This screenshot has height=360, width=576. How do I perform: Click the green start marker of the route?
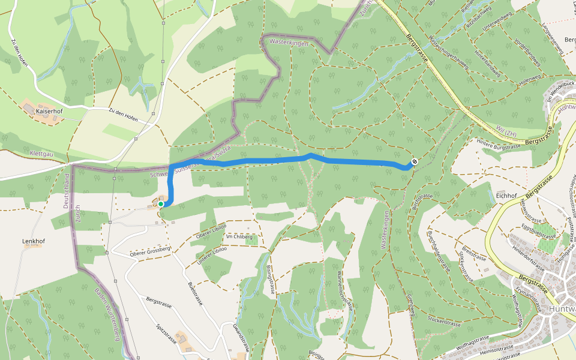point(161,204)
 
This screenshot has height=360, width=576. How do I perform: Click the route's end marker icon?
point(414,162)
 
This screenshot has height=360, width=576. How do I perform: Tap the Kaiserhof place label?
point(49,112)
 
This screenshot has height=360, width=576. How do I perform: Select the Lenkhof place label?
point(34,241)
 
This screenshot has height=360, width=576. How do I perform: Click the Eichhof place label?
point(507,196)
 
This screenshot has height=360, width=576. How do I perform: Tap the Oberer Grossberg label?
point(151,251)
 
